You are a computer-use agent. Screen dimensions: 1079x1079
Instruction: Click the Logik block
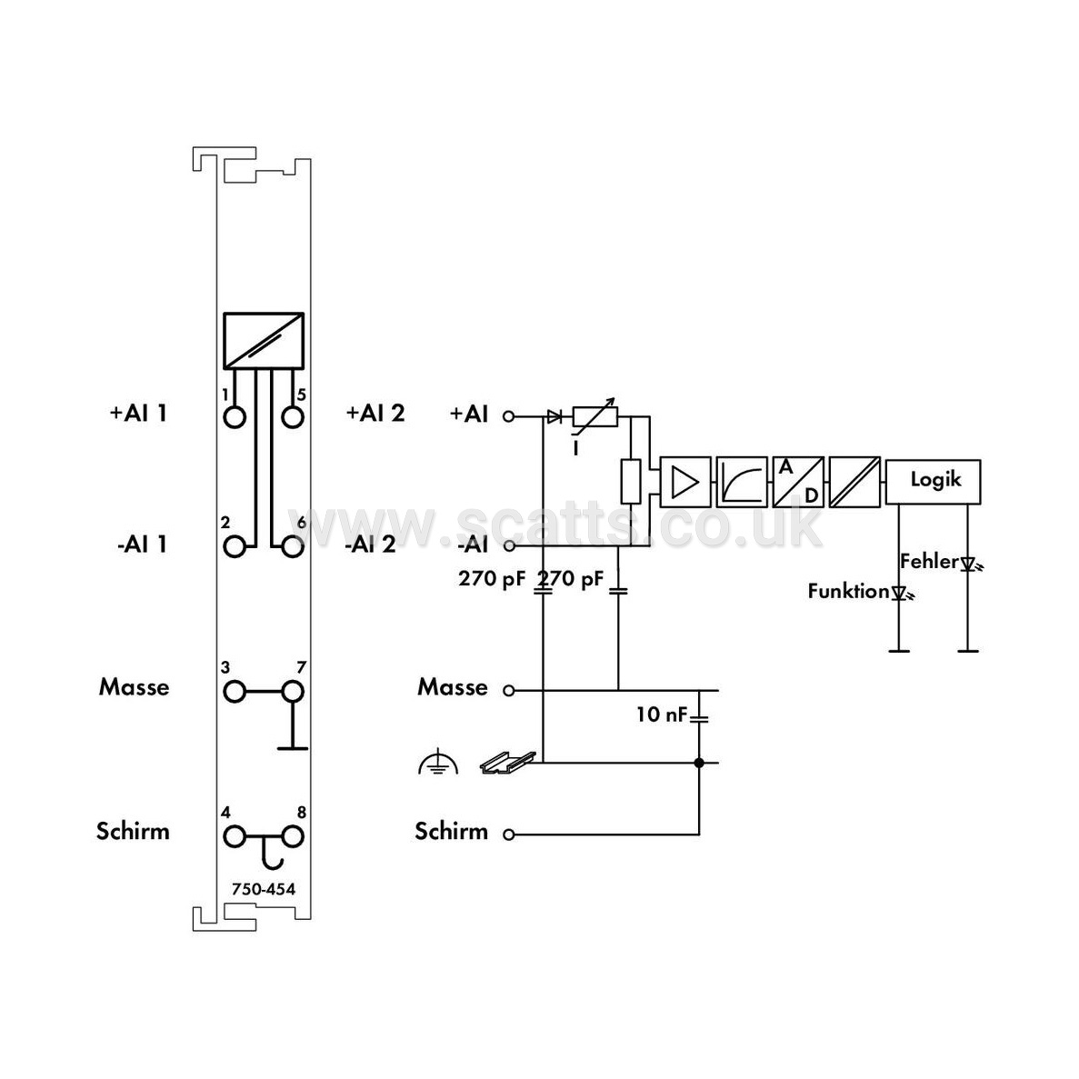pos(934,482)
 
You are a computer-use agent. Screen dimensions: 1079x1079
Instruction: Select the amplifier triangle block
pos(684,482)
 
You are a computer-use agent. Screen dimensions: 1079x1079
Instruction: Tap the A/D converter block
pos(798,482)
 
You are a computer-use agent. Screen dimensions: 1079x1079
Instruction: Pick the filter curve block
pos(742,482)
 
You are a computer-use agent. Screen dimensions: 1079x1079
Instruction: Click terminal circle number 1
pos(235,417)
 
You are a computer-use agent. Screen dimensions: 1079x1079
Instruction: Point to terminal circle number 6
pos(293,547)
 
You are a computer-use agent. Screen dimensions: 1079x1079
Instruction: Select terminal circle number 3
pos(235,692)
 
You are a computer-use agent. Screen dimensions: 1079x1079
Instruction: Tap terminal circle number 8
pos(293,837)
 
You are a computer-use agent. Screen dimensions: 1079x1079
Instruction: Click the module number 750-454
pos(264,889)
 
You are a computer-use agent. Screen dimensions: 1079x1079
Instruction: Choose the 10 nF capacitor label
pos(661,714)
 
